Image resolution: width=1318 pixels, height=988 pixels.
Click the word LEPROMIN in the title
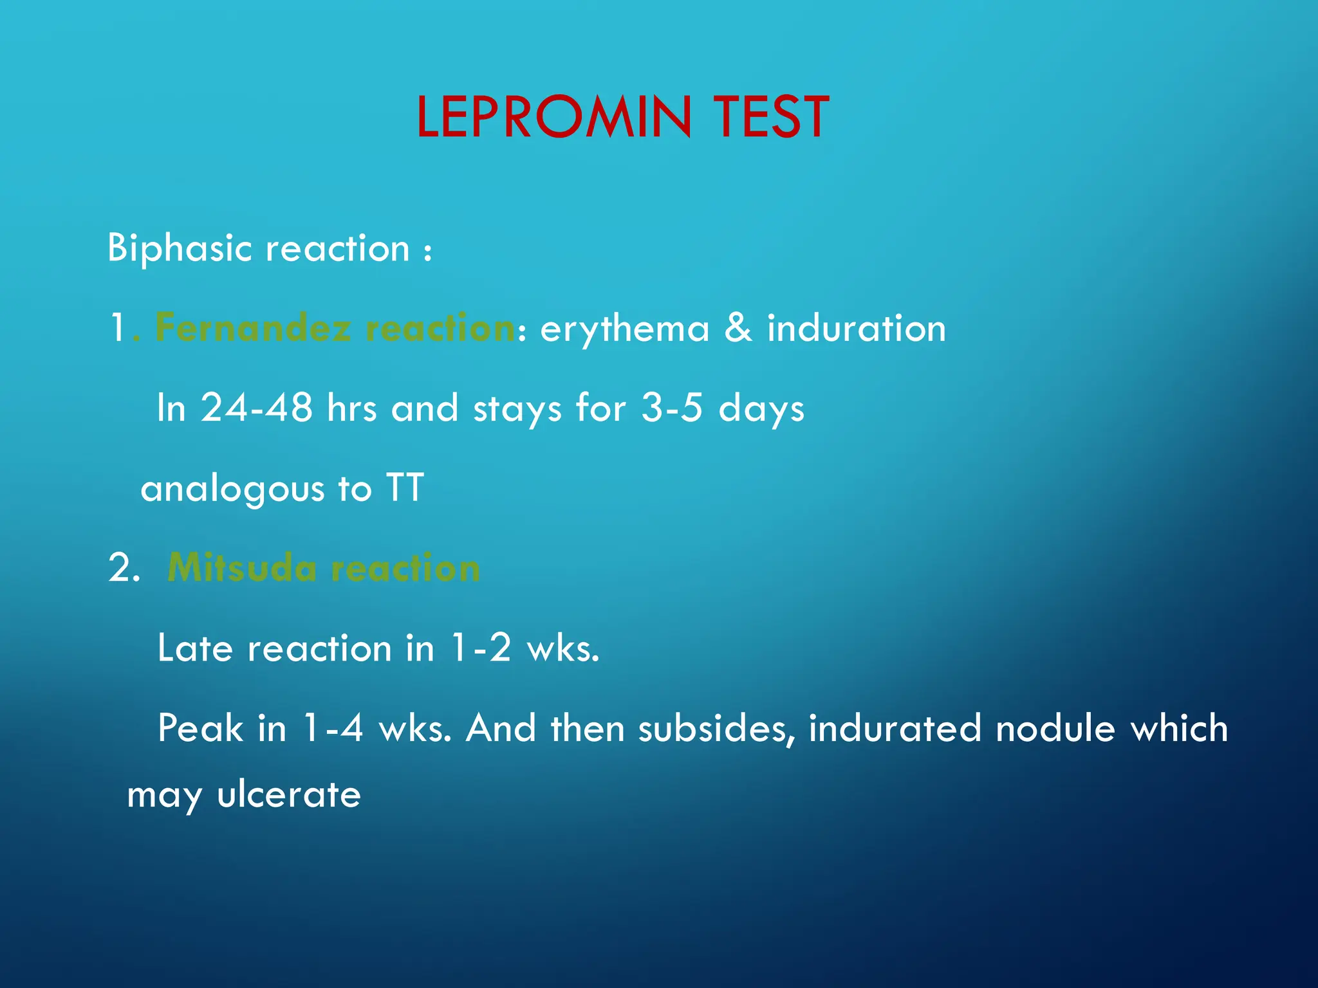click(x=554, y=117)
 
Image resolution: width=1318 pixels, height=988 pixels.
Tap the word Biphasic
click(x=180, y=248)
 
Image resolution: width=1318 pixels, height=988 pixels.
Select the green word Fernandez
click(x=254, y=328)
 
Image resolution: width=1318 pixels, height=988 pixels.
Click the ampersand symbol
click(x=738, y=328)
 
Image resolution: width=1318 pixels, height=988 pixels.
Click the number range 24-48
click(x=256, y=408)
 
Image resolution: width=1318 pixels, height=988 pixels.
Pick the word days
click(x=761, y=409)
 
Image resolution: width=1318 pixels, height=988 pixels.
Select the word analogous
click(x=232, y=489)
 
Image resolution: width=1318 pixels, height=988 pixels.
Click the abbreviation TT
click(x=405, y=488)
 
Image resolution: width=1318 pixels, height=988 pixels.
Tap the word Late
click(x=195, y=648)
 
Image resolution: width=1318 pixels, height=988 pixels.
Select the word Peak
click(x=200, y=728)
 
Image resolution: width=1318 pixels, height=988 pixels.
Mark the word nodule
click(x=1055, y=728)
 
